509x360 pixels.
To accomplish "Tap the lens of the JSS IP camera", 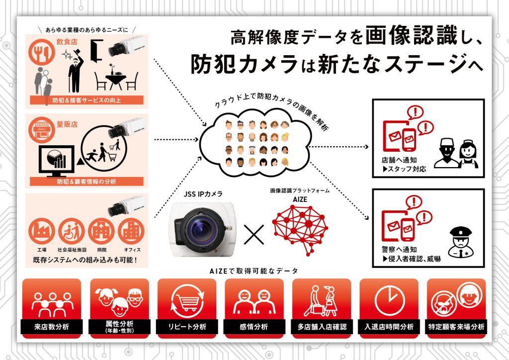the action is coord(202,229).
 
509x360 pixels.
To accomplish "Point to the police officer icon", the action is coord(460,242).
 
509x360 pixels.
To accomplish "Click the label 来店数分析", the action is coord(52,327).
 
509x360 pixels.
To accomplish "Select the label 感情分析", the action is coord(254,327).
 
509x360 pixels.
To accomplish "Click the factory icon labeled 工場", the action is coord(42,231).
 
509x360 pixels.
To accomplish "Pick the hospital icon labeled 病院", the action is coord(101,231).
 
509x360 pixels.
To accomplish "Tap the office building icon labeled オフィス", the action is coord(131,231).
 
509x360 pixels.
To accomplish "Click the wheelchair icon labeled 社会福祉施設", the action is coord(72,231).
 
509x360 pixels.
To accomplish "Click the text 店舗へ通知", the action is coord(399,160).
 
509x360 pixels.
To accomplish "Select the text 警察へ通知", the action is coord(399,250).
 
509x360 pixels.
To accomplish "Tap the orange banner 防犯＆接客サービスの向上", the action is coord(86,100).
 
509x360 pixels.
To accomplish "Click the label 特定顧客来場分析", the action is coord(456,327).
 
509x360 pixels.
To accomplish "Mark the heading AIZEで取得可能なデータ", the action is coord(254,271).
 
